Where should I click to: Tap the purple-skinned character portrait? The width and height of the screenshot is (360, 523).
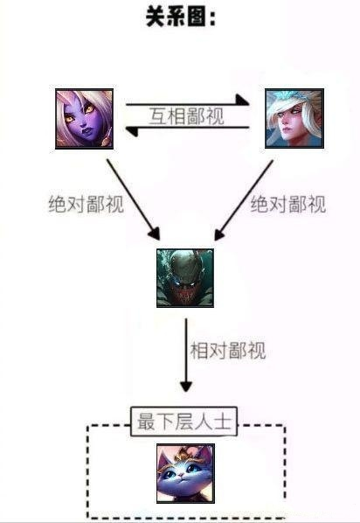click(85, 119)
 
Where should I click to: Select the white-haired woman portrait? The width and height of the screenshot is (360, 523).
click(294, 118)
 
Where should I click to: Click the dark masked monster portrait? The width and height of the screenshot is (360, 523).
click(185, 278)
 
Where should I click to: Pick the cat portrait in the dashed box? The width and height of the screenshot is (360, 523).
click(185, 473)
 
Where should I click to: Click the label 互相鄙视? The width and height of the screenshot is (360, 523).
click(187, 116)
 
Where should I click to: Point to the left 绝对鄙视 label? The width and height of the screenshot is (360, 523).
click(87, 204)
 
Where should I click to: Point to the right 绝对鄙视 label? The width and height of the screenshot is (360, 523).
click(288, 204)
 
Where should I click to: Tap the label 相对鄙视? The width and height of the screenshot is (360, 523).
click(228, 350)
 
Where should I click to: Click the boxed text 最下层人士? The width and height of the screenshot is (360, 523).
click(184, 422)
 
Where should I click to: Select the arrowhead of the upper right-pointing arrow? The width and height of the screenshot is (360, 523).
click(243, 100)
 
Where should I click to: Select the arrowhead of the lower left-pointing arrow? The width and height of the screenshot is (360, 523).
click(131, 131)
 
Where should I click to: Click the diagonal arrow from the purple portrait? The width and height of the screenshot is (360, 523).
click(134, 199)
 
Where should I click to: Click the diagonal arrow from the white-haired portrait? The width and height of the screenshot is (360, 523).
click(244, 200)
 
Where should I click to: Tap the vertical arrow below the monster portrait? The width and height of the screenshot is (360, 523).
click(186, 355)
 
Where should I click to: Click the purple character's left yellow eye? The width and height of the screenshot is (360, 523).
click(70, 118)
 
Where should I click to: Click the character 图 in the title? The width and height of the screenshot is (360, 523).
click(197, 17)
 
